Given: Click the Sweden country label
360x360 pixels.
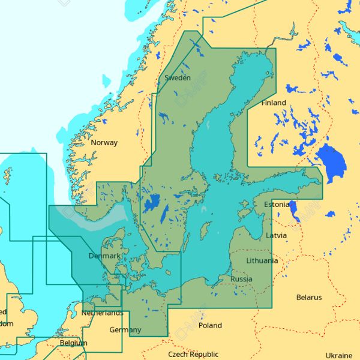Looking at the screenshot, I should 178,78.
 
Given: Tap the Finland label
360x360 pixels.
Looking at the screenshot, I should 274,103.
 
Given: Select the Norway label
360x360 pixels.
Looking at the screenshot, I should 104,143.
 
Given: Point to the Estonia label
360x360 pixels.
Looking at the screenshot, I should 277,205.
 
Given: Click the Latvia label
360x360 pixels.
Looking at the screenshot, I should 277,235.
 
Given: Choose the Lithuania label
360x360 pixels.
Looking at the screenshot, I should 262,261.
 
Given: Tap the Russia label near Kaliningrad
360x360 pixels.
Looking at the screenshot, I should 241,279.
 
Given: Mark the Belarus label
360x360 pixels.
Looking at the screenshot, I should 309,298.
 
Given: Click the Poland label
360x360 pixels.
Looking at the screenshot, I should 210,326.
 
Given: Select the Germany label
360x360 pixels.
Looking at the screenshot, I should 125,330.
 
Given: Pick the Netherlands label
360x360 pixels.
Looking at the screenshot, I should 103,313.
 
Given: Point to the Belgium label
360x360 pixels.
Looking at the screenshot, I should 73,343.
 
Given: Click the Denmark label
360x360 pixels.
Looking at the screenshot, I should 104,256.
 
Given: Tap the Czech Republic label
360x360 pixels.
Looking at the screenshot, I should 193,355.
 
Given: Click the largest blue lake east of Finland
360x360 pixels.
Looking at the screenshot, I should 331,160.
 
